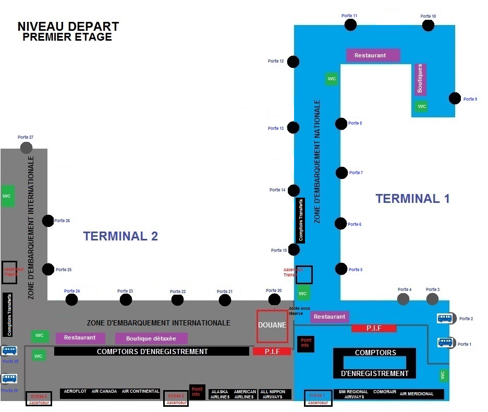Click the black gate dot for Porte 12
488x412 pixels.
[x=294, y=62]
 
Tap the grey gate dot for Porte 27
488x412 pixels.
[x=26, y=148]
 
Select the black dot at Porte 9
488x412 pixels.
[x=455, y=98]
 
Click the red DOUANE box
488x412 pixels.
[x=272, y=326]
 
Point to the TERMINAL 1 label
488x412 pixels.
[x=412, y=198]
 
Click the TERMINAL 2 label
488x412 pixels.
[x=120, y=236]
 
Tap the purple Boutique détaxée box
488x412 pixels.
[x=151, y=338]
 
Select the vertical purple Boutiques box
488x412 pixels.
[x=421, y=79]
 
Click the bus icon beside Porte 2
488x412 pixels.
[x=444, y=318]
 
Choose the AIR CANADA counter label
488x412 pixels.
[x=104, y=392]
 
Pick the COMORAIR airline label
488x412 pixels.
[x=384, y=392]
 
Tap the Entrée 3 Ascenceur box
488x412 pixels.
[x=39, y=399]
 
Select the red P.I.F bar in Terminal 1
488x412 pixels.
[x=374, y=329]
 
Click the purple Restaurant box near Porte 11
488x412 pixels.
[x=373, y=55]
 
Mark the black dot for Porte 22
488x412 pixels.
[x=177, y=300]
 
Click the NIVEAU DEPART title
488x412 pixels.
[x=68, y=26]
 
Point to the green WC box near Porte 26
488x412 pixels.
[x=8, y=196]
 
